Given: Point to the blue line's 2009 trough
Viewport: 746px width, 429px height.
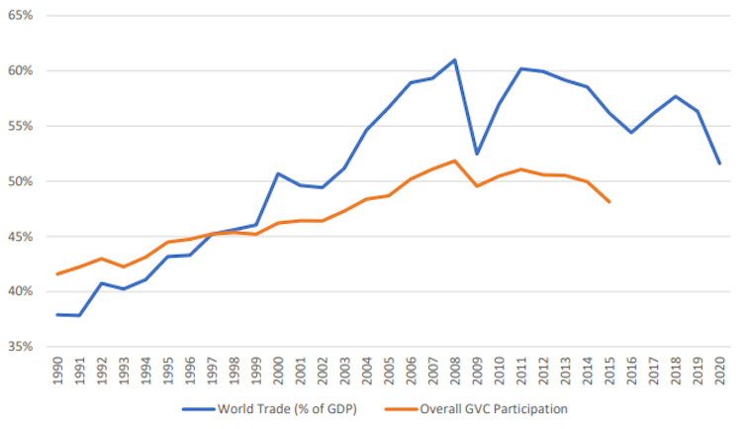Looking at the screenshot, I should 478,154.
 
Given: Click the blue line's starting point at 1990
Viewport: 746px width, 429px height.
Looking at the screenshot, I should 58,314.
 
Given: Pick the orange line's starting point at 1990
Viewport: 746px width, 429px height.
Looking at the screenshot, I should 58,273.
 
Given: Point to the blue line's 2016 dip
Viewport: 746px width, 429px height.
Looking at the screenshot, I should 630,132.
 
